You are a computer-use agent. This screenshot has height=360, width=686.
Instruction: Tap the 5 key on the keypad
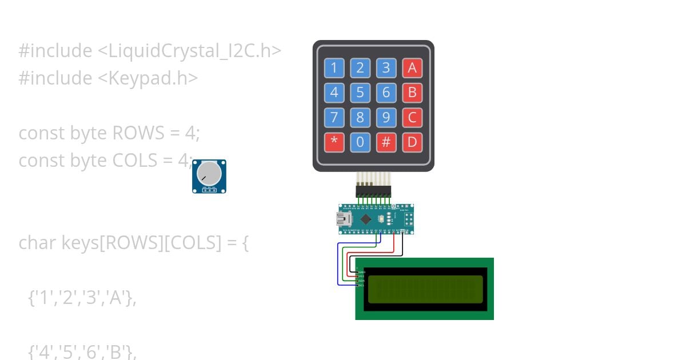[360, 93]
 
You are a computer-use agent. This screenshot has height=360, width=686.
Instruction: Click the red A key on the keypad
[412, 68]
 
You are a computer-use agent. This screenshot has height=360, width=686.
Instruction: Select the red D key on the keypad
[412, 142]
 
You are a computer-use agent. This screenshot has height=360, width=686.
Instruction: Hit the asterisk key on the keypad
[334, 142]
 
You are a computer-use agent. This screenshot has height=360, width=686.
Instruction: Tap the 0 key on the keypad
[360, 142]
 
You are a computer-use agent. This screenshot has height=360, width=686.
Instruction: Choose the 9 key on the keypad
[386, 118]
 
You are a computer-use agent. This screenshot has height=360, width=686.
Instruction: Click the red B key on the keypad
[412, 93]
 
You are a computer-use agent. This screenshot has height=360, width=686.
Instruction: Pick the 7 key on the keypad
[334, 118]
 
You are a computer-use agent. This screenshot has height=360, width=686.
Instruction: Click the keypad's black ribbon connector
[373, 191]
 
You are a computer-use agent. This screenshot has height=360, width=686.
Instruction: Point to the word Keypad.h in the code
[153, 78]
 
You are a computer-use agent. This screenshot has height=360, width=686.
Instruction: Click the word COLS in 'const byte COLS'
[134, 161]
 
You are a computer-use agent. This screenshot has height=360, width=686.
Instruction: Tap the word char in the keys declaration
[38, 243]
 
